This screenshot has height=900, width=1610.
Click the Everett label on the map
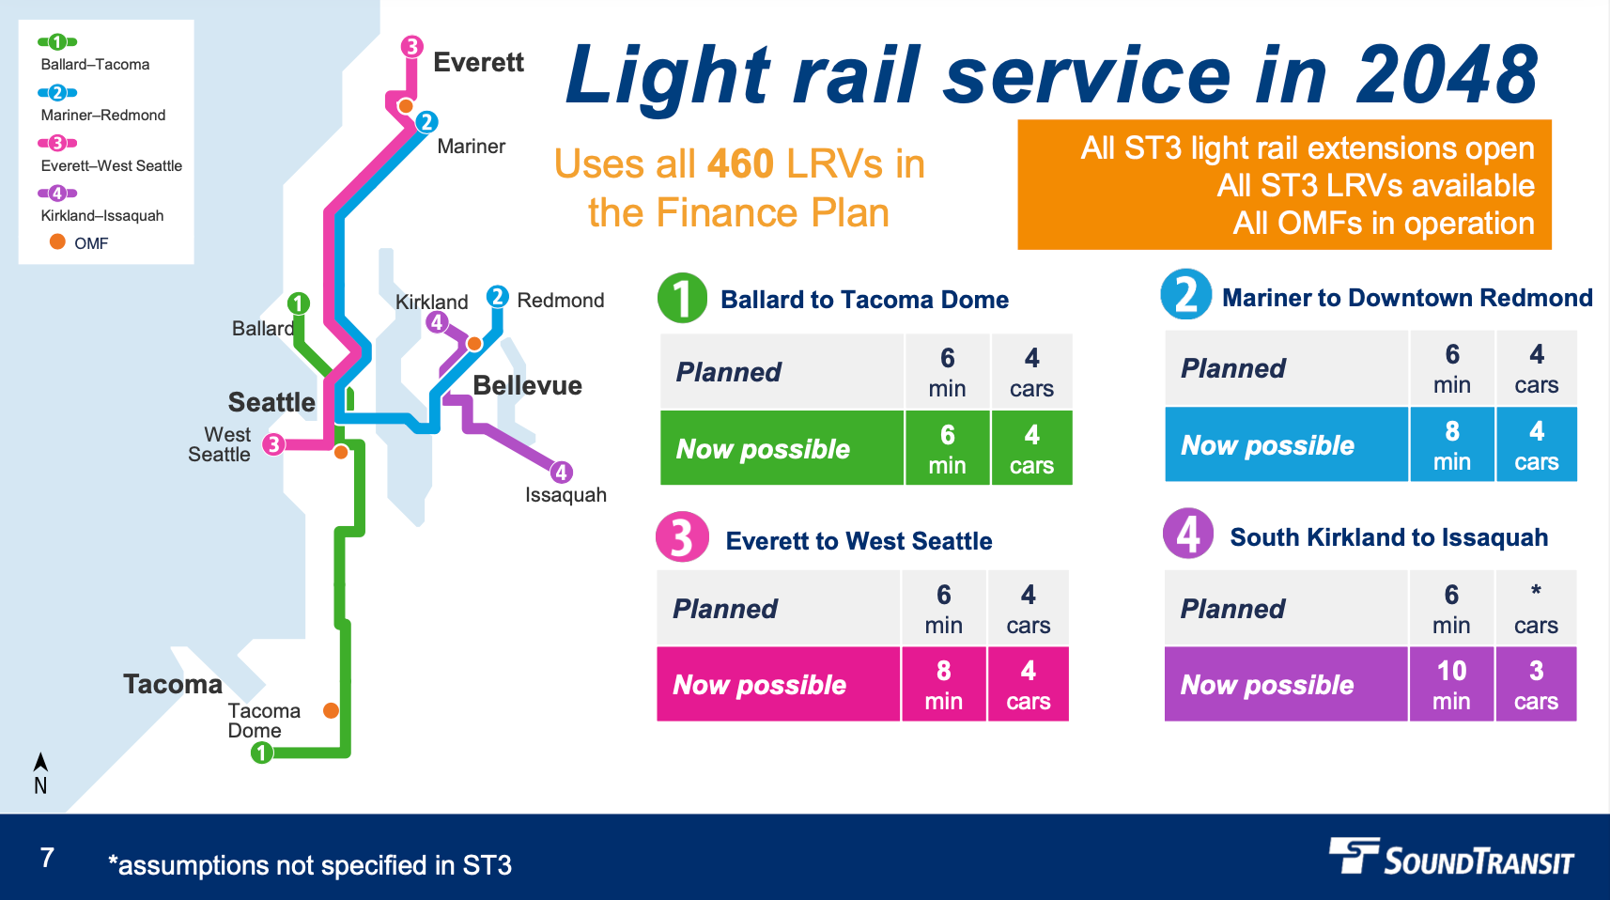(478, 63)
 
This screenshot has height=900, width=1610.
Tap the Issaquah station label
(565, 495)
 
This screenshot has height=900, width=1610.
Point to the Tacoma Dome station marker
(262, 753)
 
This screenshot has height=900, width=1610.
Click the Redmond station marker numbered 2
(497, 297)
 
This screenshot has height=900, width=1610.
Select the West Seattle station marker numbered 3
(273, 444)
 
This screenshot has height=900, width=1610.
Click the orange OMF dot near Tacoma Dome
(331, 710)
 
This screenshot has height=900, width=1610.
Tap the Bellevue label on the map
(527, 385)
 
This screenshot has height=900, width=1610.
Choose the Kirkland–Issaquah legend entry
(101, 215)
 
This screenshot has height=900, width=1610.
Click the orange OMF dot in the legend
(57, 242)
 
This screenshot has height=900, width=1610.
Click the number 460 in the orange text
(740, 164)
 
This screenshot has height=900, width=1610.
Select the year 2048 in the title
(1447, 75)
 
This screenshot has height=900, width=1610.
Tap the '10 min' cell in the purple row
(1451, 684)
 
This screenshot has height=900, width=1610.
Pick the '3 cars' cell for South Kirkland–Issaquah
(1536, 684)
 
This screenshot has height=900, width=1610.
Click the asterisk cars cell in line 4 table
(1536, 608)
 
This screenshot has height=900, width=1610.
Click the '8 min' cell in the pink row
(943, 684)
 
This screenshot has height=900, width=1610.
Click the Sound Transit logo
(1450, 856)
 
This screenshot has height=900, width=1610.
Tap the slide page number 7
(47, 857)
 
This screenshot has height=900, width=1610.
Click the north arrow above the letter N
(40, 762)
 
